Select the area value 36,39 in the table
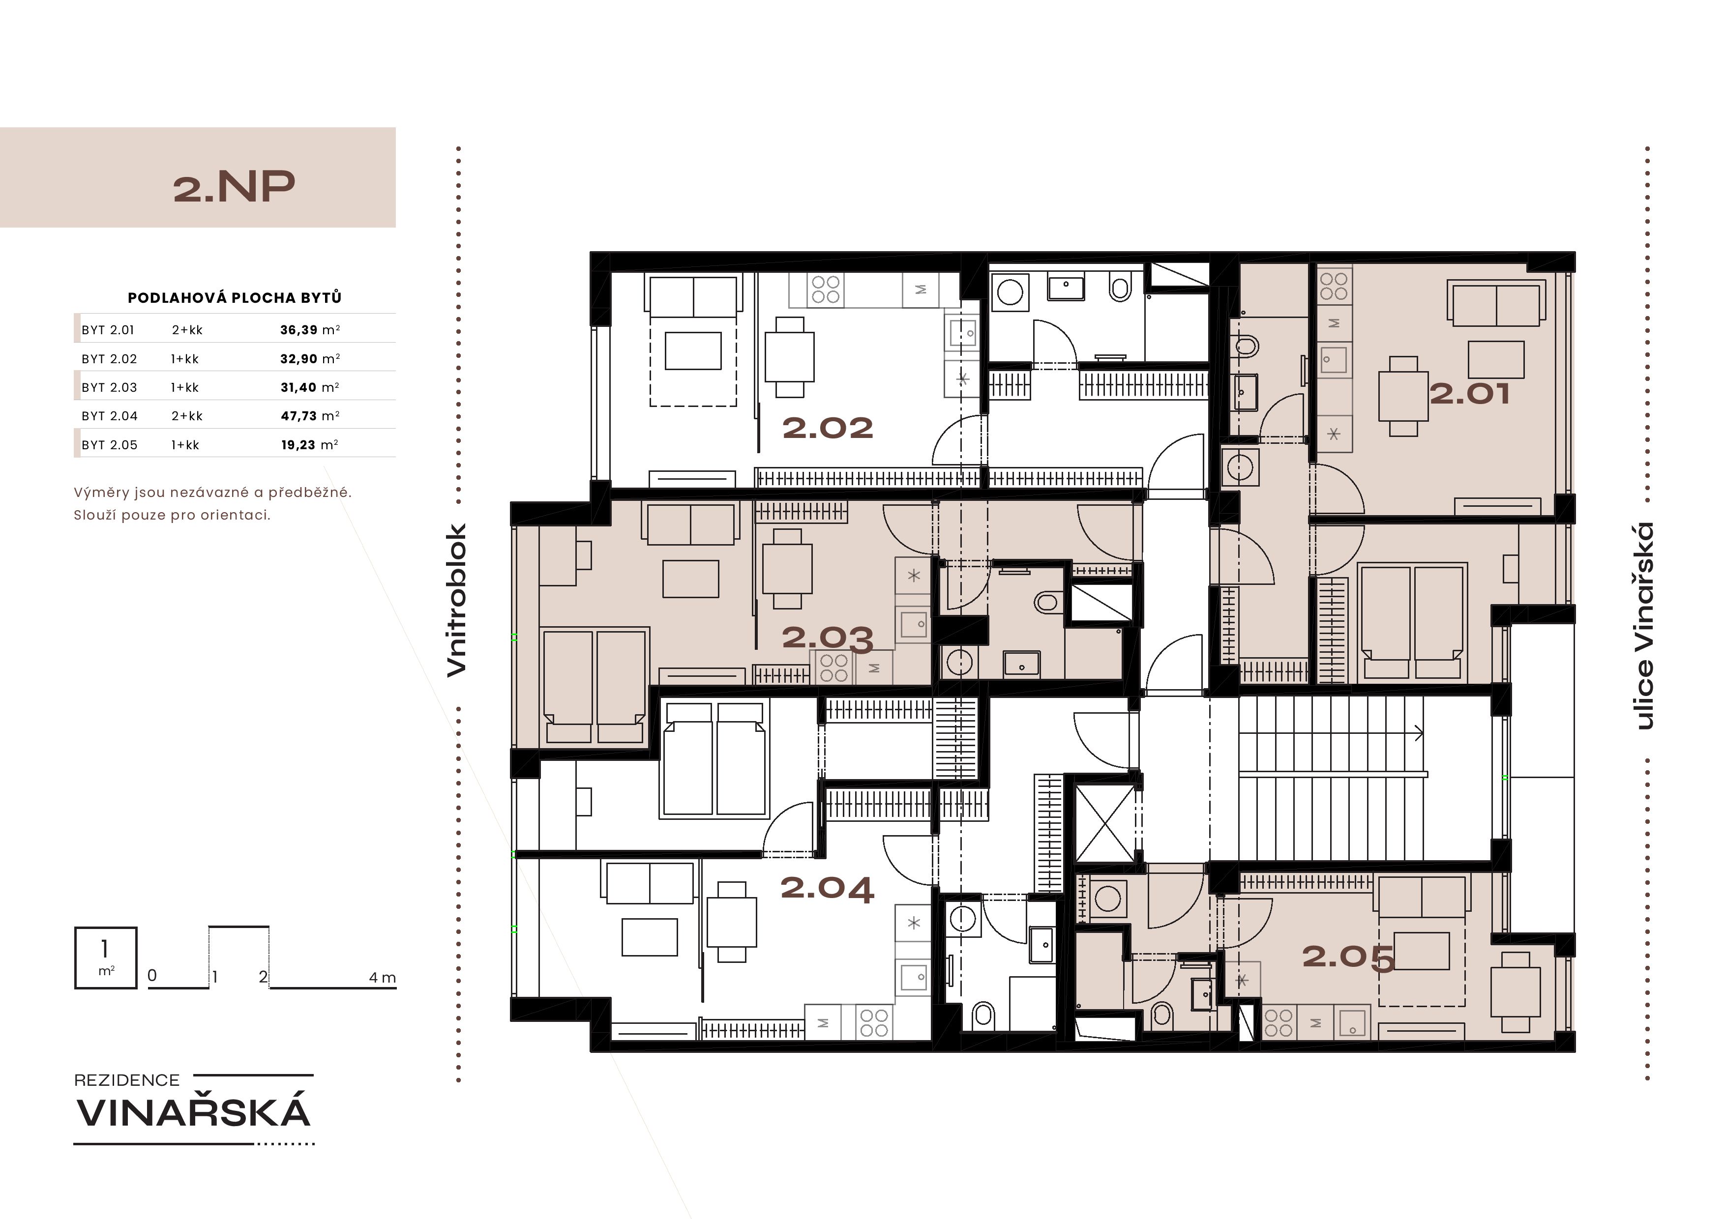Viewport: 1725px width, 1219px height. coord(299,330)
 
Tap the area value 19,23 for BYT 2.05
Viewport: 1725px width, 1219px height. coord(298,445)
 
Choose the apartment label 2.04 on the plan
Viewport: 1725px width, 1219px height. coord(827,889)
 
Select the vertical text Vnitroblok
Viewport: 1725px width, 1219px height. coord(457,600)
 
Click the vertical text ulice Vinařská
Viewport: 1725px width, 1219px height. coord(1645,626)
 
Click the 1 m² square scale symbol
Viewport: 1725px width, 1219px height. coord(106,958)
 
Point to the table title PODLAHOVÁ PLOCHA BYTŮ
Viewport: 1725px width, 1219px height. coord(235,297)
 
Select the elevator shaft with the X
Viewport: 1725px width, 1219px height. coord(1105,823)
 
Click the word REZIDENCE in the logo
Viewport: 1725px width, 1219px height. coord(127,1080)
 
